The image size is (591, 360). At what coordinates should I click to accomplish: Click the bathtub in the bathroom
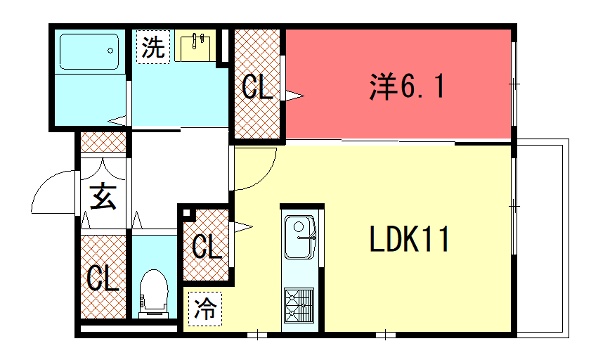(90, 52)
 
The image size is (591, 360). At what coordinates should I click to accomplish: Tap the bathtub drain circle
(110, 51)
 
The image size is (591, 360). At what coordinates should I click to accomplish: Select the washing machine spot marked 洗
(153, 48)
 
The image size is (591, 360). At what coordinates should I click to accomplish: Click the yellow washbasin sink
(195, 46)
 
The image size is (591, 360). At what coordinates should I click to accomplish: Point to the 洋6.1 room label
(407, 86)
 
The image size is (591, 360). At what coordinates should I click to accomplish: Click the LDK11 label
(410, 239)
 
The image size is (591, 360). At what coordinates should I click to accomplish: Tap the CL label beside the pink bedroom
(257, 87)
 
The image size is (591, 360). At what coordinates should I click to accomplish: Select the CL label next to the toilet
(103, 278)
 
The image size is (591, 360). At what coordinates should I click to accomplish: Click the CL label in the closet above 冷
(207, 246)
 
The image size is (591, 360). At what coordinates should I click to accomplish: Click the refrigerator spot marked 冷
(205, 309)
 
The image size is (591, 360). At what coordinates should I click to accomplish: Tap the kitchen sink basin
(300, 237)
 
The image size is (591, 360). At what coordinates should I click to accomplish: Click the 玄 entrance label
(103, 196)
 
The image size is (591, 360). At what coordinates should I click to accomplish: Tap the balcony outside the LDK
(542, 237)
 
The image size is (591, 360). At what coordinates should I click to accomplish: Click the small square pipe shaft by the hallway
(187, 213)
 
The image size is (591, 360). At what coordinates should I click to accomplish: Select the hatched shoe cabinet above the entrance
(103, 142)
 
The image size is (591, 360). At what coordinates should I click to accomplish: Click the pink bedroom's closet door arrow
(295, 95)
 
